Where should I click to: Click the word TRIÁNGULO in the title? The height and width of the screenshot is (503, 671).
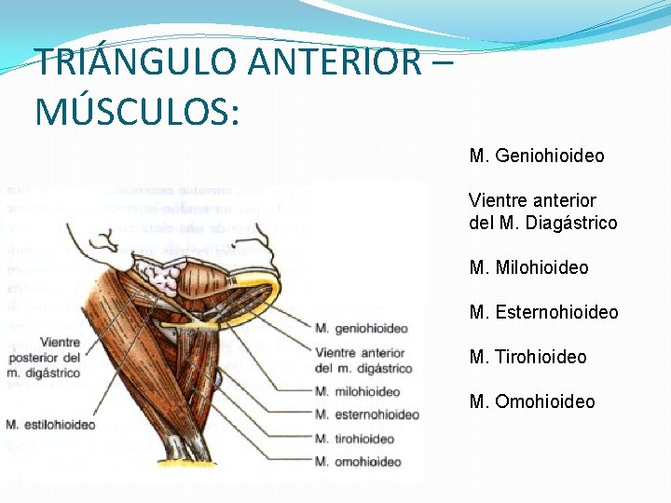click(x=136, y=62)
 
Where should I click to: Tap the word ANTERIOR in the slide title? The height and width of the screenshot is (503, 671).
click(x=335, y=62)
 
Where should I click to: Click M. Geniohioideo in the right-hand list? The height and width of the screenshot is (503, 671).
click(x=537, y=156)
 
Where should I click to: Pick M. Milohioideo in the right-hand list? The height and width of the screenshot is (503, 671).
click(x=529, y=267)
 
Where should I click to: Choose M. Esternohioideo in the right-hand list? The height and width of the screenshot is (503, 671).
click(x=544, y=312)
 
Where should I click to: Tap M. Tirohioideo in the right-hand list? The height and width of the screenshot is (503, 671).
click(x=528, y=357)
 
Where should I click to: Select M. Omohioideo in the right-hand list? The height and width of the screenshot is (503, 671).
click(x=532, y=401)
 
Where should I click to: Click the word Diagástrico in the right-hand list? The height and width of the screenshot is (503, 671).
click(x=571, y=223)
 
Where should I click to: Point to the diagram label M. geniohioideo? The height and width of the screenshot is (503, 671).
click(x=361, y=328)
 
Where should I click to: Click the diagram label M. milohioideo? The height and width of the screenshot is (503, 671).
click(x=357, y=392)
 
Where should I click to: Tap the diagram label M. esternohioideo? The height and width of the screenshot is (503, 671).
click(x=366, y=415)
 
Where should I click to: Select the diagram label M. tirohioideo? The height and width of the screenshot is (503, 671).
click(x=354, y=438)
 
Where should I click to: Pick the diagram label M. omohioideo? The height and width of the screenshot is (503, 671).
click(x=358, y=461)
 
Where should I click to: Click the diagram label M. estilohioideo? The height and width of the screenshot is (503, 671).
click(x=50, y=425)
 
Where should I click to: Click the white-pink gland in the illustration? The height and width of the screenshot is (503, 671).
click(x=157, y=276)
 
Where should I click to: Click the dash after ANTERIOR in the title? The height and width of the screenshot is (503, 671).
click(x=442, y=62)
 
